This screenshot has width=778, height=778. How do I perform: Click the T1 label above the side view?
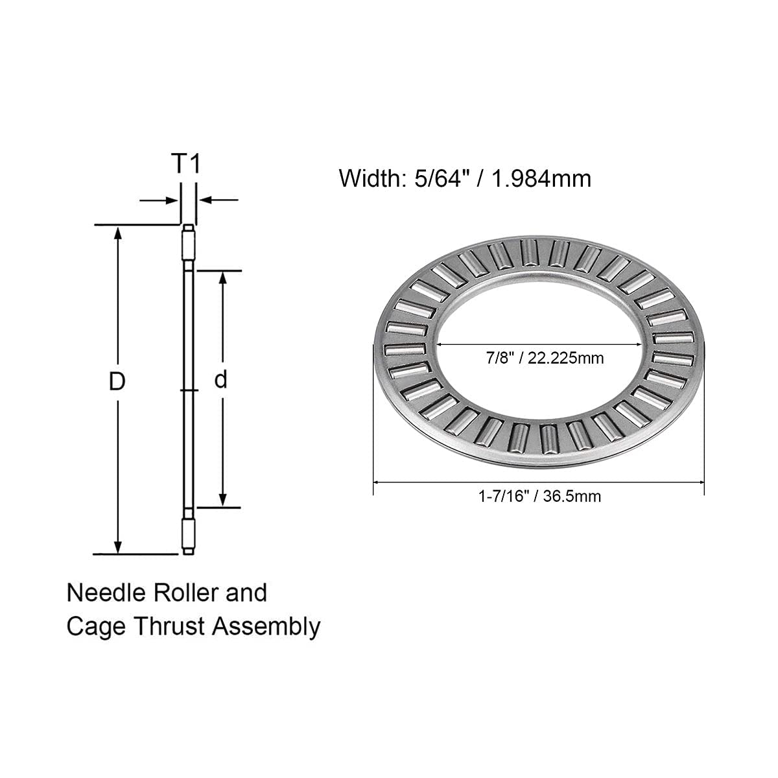tap(187, 164)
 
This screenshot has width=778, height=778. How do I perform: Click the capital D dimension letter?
tap(117, 382)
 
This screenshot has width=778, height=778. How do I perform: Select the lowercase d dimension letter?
tap(222, 380)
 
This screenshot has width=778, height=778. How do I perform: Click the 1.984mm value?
tap(541, 178)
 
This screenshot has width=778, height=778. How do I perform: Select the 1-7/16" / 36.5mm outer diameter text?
tap(539, 497)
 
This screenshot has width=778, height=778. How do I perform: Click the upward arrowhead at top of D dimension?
tap(117, 233)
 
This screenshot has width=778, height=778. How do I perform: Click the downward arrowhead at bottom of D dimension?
tap(117, 547)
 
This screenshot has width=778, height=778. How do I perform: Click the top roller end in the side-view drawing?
tap(187, 242)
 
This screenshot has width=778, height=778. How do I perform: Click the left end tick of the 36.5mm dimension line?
tap(374, 482)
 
